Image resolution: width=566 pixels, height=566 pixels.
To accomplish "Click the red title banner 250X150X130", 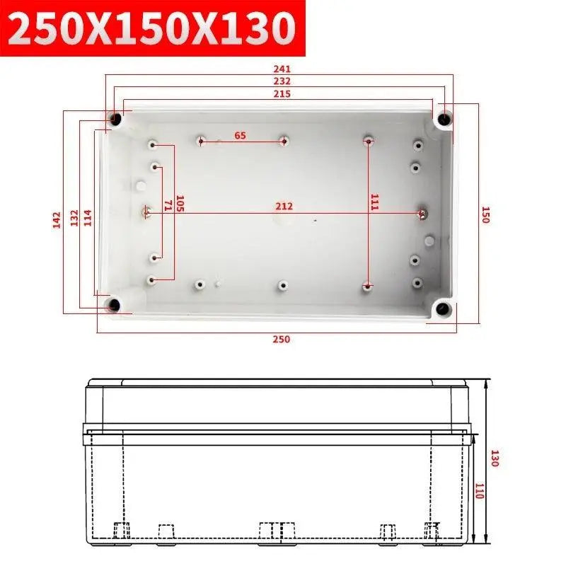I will point(152,29).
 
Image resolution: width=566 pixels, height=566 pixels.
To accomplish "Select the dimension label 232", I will point(282,81).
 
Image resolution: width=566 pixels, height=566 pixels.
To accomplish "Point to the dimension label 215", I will point(282,93).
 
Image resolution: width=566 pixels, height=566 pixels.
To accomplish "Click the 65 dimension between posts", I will point(241,135).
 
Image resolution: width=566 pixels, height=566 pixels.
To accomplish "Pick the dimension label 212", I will point(284,207).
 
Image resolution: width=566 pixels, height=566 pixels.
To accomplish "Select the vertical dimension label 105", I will point(180,204).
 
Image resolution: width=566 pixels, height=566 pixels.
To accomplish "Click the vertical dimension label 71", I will point(168,205).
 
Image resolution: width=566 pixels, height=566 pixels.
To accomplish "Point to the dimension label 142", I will point(57,220).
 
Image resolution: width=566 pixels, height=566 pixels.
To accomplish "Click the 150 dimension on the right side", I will point(485,214).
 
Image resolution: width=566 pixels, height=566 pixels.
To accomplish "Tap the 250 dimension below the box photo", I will point(282,340).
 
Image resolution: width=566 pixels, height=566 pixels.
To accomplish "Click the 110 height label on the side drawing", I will point(478,492).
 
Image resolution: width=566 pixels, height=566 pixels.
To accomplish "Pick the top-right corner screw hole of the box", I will point(444,118).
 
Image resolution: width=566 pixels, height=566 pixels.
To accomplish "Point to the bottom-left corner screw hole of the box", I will point(113,306).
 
